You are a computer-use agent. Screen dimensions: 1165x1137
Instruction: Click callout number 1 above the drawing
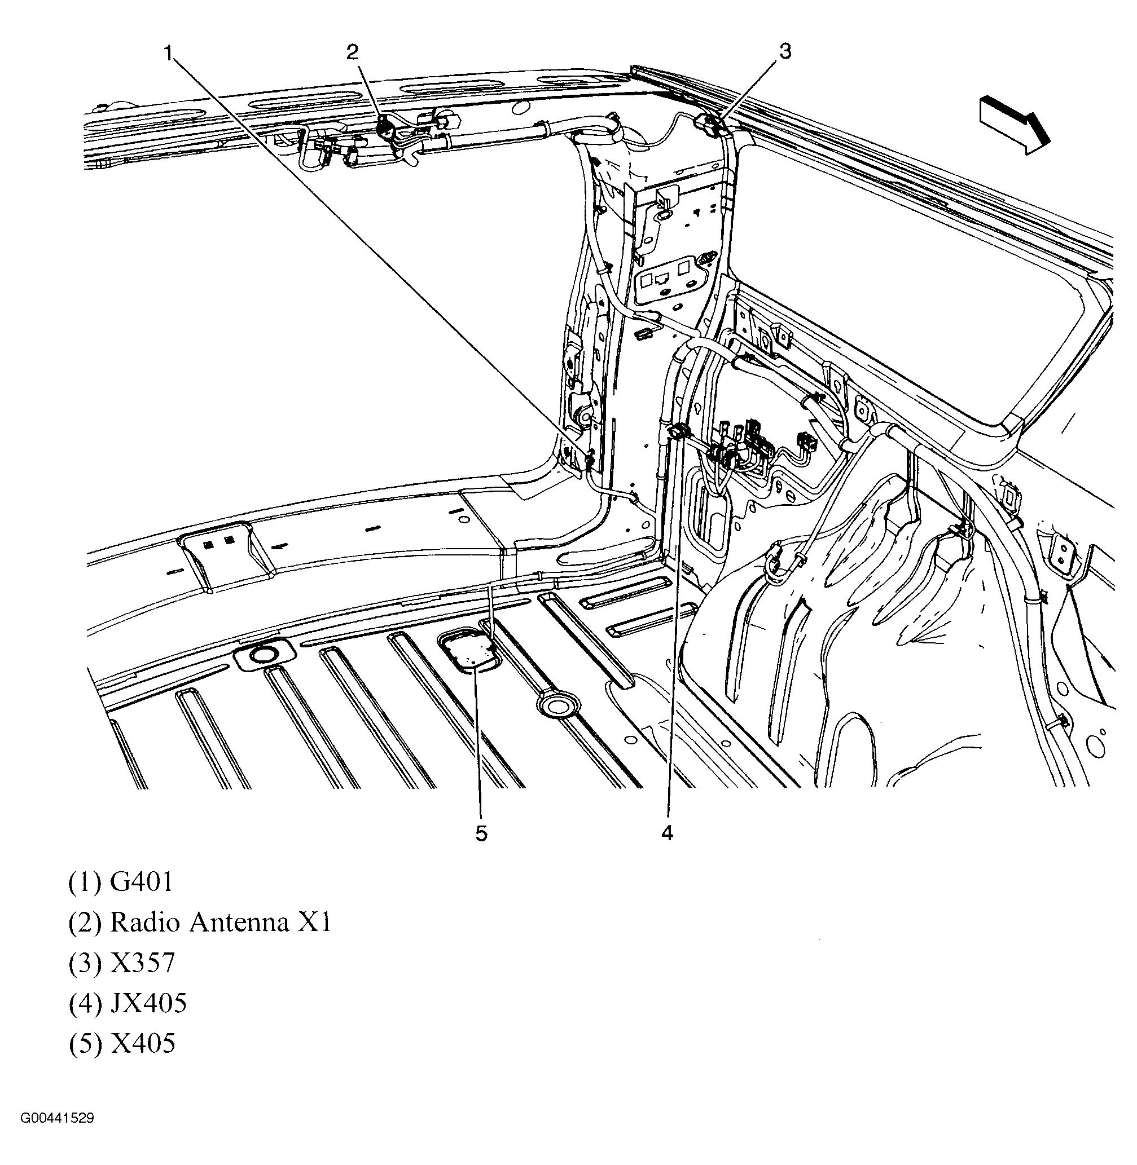[169, 54]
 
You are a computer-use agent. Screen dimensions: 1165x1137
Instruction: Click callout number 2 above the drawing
[352, 52]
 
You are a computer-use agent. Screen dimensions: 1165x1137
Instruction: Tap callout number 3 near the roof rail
[785, 51]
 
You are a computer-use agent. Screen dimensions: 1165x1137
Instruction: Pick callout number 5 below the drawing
[481, 834]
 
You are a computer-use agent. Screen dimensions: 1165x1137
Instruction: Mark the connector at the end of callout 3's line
[710, 123]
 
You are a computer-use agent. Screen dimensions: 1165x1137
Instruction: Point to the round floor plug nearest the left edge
[262, 655]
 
